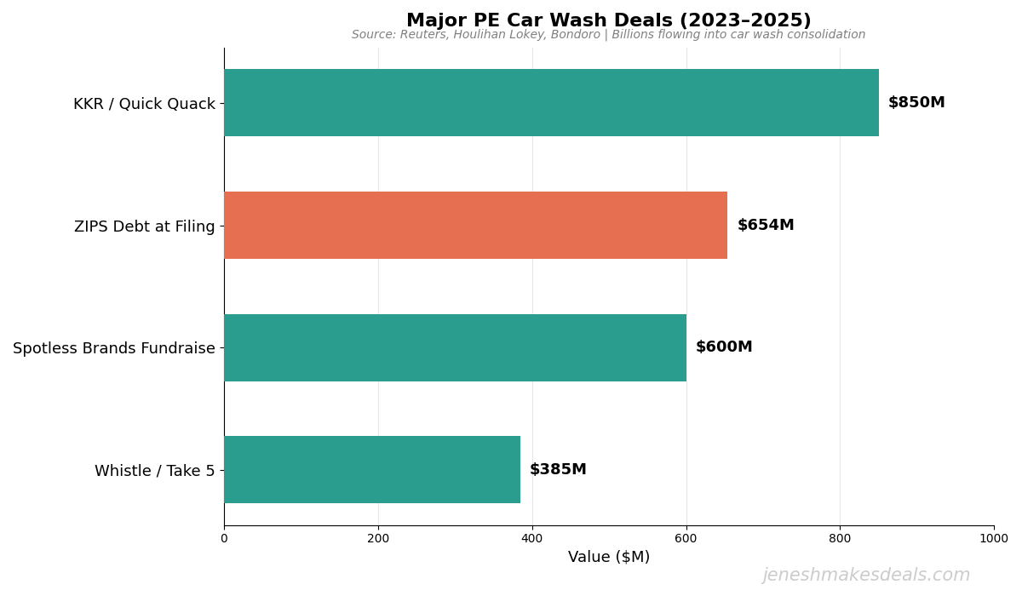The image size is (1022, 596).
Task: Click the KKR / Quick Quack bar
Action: pyautogui.click(x=551, y=103)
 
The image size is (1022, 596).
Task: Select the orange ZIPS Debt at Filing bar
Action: pyautogui.click(x=475, y=226)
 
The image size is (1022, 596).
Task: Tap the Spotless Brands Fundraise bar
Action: pyautogui.click(x=455, y=347)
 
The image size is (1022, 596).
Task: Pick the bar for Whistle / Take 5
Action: pyautogui.click(x=372, y=470)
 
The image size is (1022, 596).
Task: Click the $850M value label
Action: pyautogui.click(x=916, y=103)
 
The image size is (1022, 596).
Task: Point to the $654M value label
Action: pyautogui.click(x=766, y=226)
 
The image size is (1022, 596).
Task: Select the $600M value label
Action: pyautogui.click(x=724, y=347)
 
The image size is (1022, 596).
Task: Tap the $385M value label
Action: pyautogui.click(x=558, y=470)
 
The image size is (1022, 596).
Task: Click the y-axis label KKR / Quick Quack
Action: pyautogui.click(x=144, y=104)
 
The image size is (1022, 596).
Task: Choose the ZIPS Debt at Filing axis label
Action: pyautogui.click(x=144, y=226)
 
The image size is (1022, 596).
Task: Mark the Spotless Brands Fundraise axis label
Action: pyautogui.click(x=114, y=348)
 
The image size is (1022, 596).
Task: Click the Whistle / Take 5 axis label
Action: pyautogui.click(x=154, y=471)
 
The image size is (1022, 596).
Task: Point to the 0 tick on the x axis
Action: pyautogui.click(x=224, y=538)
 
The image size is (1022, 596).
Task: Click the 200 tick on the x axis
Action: pyautogui.click(x=378, y=538)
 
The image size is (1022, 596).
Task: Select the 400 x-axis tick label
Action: pyautogui.click(x=532, y=538)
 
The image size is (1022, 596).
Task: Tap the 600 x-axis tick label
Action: pyautogui.click(x=686, y=538)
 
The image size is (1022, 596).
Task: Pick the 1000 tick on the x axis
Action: pyautogui.click(x=993, y=538)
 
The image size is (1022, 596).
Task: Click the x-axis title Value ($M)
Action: pyautogui.click(x=609, y=557)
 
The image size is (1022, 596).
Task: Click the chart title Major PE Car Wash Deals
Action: pyautogui.click(x=609, y=20)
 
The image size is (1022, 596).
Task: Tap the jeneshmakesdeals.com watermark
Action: pyautogui.click(x=866, y=576)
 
